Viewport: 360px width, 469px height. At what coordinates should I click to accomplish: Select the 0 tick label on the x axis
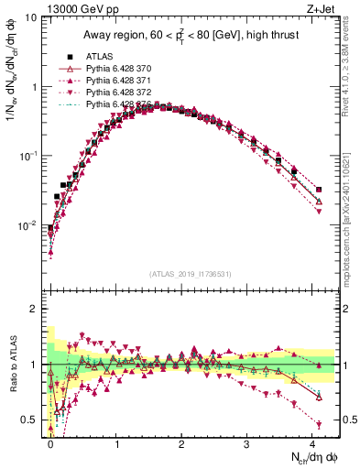(x=51, y=442)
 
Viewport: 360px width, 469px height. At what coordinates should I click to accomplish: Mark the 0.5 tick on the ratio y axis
(x=30, y=420)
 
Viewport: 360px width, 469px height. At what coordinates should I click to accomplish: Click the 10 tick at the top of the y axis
(x=29, y=17)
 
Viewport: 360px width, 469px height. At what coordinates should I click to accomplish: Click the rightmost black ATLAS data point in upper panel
(x=319, y=190)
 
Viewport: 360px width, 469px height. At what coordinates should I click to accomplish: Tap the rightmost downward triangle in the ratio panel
(x=319, y=424)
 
